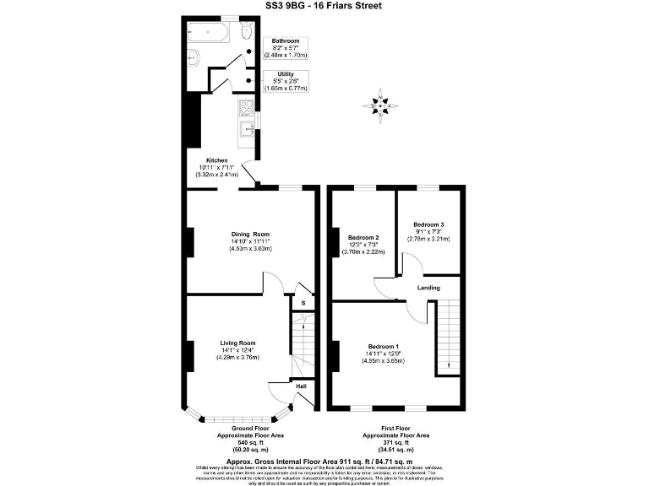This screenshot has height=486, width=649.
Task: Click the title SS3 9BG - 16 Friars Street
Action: (x=324, y=6)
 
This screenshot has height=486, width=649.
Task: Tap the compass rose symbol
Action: (x=382, y=105)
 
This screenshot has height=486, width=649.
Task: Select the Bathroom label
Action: (x=284, y=40)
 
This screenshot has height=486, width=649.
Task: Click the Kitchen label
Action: (x=217, y=160)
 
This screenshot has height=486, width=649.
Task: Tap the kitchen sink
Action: (x=247, y=129)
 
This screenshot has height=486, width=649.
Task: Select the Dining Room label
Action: (x=250, y=234)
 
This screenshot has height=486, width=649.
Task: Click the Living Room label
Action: (x=237, y=343)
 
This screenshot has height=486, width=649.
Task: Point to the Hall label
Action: (x=301, y=386)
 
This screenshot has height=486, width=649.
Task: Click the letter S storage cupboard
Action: (x=303, y=305)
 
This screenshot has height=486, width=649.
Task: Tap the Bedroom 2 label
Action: (x=363, y=237)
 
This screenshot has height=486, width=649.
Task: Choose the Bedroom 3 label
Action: (x=428, y=224)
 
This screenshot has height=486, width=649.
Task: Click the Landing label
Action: (x=428, y=289)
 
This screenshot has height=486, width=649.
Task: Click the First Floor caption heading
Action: (x=395, y=428)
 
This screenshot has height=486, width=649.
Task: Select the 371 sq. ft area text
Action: (x=395, y=442)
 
